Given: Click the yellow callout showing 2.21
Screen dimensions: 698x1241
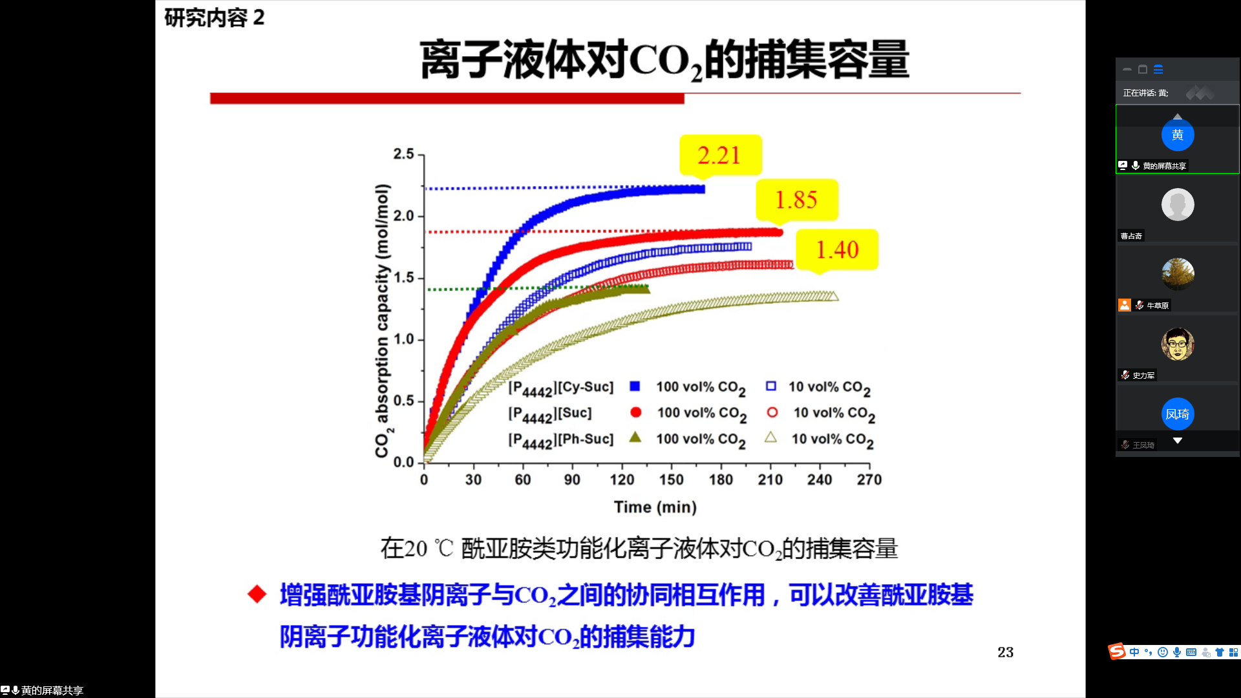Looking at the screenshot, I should click(720, 155).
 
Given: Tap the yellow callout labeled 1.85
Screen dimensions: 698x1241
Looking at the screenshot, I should click(797, 200).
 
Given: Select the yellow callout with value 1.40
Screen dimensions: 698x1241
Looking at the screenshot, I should click(837, 249).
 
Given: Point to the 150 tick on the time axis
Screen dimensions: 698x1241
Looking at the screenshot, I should click(671, 480).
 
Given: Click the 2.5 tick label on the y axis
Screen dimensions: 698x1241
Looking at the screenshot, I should click(403, 154).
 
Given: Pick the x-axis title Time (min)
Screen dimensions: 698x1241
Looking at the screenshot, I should click(655, 507).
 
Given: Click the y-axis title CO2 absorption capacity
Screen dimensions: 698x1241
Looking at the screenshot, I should click(383, 321).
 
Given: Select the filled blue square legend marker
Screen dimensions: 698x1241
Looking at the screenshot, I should click(635, 386).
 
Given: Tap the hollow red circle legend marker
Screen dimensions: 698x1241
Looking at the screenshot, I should click(772, 412).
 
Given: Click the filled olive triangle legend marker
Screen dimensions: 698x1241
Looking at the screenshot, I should click(635, 438).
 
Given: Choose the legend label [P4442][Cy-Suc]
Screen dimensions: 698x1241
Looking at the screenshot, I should click(560, 388).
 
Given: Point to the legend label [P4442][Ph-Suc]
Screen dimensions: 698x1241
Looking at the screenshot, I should click(560, 439).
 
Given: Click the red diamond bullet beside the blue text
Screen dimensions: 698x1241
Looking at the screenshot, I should click(257, 594).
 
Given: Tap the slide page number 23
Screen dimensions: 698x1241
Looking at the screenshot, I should click(1005, 652).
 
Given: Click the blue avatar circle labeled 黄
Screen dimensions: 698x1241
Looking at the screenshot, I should click(1177, 135).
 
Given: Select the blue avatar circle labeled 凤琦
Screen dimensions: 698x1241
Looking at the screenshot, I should click(1177, 414).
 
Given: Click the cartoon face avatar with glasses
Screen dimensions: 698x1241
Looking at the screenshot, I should click(1177, 344).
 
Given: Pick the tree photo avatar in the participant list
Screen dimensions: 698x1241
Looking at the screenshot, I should click(1177, 274).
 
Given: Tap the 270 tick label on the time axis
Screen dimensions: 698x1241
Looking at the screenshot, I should click(869, 480).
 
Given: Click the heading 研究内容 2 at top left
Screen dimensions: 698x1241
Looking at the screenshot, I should click(214, 17).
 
